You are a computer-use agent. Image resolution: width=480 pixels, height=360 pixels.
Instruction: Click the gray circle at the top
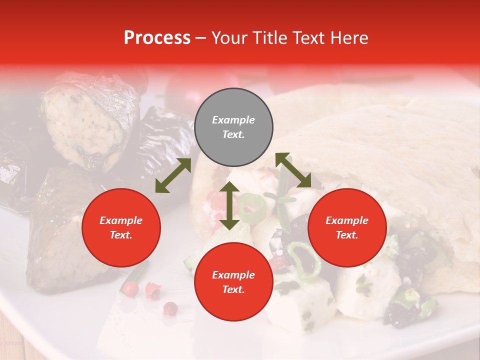point(233,127)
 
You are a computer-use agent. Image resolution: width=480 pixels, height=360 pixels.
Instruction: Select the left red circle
point(121,227)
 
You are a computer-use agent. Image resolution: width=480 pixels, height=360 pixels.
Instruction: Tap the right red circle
point(347,227)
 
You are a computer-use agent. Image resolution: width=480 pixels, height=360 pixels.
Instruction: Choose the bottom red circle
point(233,282)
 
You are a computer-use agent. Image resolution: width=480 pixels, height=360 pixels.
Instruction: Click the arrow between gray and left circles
point(173,175)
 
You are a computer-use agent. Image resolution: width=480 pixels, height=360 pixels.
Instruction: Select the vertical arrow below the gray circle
point(229,205)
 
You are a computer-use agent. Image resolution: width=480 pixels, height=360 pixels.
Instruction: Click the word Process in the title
point(157,37)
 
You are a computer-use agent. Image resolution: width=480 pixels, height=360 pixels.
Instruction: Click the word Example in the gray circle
point(233,120)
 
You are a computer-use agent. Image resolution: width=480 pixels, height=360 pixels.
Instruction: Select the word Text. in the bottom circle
point(233,289)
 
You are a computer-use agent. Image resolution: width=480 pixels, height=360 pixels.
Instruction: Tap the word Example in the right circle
point(347,220)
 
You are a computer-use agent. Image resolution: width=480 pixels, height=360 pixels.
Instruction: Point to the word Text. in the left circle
point(121,235)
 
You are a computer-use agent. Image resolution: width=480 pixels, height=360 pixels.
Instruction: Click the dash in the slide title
point(200,38)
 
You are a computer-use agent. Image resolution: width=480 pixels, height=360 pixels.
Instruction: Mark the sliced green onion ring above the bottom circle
point(252,208)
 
